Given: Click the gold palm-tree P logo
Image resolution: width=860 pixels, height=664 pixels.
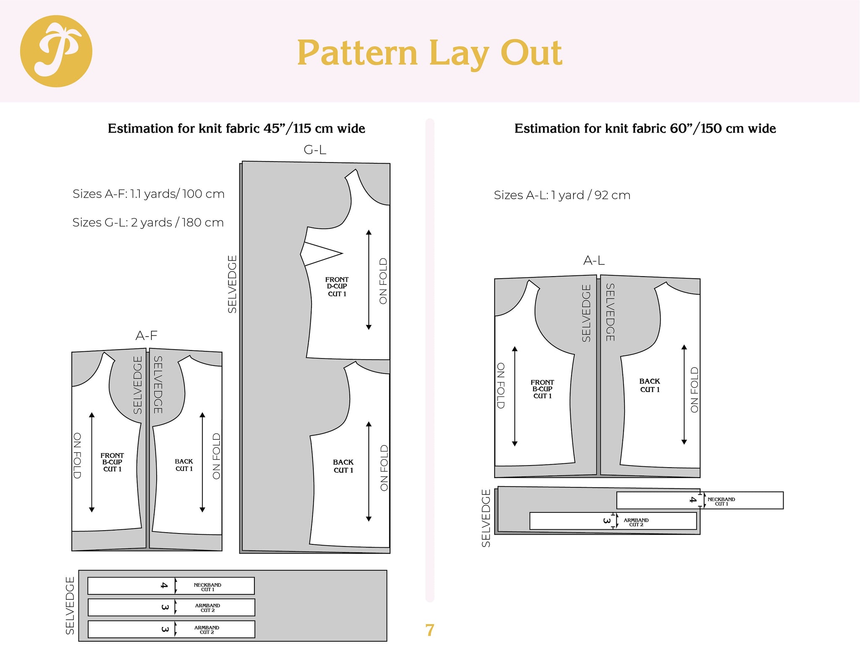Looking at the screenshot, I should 56,51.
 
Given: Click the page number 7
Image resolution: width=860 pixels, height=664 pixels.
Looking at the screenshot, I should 429,630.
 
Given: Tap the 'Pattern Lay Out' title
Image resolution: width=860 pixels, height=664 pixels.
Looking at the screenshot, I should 429,53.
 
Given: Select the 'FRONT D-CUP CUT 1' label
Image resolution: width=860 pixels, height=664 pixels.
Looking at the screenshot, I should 337,287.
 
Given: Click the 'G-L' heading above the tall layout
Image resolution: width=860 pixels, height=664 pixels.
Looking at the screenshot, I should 315,149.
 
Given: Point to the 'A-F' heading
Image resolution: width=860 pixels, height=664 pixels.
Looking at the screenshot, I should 146,335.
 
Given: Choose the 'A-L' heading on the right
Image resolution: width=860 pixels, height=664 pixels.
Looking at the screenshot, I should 594,261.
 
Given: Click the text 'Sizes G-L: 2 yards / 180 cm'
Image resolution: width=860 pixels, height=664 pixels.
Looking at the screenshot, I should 148,222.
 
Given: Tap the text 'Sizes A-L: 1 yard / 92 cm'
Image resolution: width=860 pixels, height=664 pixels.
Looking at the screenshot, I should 562,195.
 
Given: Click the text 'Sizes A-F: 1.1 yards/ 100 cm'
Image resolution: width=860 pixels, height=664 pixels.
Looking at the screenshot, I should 148,194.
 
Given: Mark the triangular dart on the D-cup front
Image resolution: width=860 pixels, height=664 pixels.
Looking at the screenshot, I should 321,254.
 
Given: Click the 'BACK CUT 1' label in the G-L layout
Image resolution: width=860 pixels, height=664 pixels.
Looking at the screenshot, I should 343,466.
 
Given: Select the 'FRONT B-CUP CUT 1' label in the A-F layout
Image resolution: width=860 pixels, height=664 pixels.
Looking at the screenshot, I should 112,462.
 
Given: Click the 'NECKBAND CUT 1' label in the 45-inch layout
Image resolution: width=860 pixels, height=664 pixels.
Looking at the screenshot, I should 207,587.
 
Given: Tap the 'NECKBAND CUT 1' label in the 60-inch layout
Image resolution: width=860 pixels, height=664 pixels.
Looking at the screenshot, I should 721,501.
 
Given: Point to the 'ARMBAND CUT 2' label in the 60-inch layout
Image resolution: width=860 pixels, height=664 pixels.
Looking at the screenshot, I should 636,522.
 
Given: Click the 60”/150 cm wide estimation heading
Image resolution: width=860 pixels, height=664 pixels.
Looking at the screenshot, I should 645,128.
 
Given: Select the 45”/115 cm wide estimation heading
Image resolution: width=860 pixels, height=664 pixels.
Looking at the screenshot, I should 236,128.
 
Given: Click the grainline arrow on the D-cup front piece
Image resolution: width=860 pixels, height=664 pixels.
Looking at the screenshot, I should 369,280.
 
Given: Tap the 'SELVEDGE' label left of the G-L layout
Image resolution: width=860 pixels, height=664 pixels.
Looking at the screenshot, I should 232,284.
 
